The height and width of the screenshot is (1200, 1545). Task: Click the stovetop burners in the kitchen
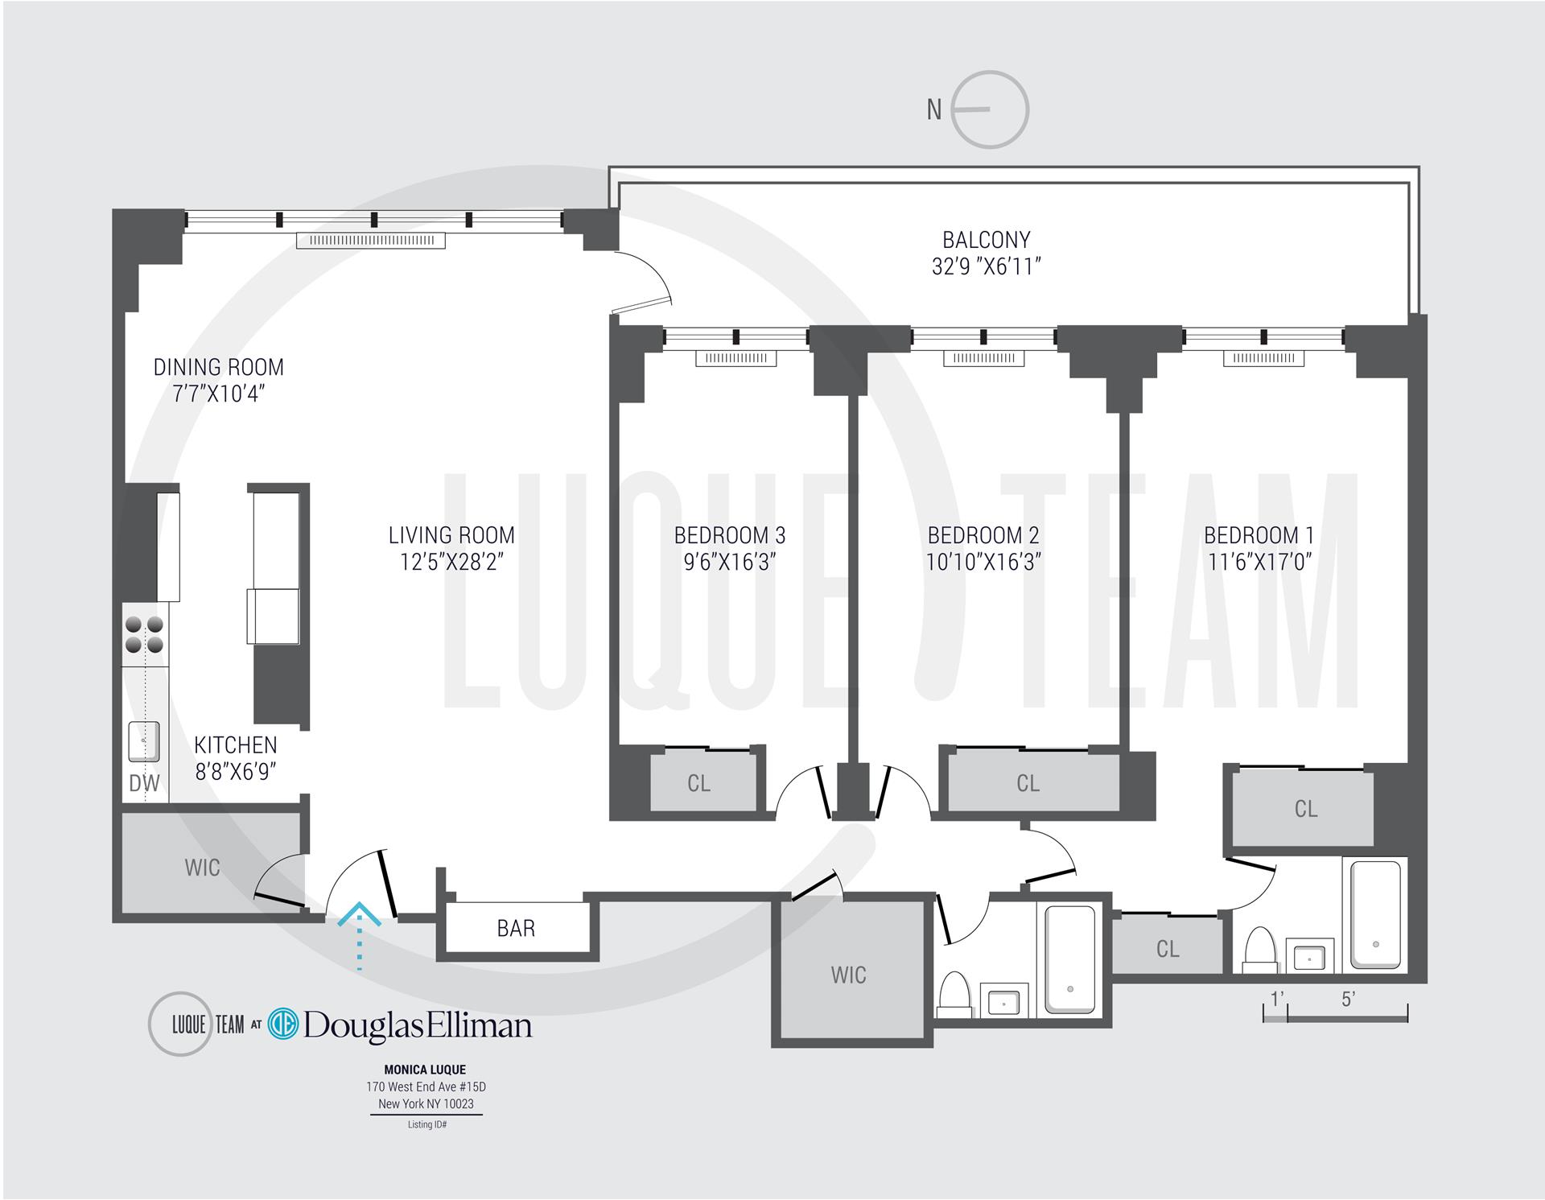click(x=144, y=634)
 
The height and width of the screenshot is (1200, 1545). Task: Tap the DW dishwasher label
click(x=144, y=782)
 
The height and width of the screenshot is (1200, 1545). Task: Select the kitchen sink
click(x=144, y=741)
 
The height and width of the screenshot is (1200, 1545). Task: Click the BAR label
click(x=516, y=928)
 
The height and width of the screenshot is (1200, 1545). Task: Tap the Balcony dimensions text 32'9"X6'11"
click(x=987, y=266)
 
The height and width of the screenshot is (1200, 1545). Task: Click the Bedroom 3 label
click(x=729, y=535)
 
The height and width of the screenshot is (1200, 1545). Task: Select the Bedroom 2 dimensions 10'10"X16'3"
click(x=983, y=562)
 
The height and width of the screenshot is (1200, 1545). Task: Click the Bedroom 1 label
click(x=1259, y=535)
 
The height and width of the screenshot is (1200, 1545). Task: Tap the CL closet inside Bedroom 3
click(x=698, y=783)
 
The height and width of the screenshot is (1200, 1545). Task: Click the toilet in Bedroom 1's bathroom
click(x=1260, y=950)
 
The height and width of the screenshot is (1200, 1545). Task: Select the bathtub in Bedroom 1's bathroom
click(x=1375, y=914)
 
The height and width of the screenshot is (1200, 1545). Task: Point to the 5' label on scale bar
click(x=1349, y=1000)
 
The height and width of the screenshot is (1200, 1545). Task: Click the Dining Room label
click(x=219, y=367)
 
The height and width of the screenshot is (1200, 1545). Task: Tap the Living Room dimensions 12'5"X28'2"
click(x=451, y=562)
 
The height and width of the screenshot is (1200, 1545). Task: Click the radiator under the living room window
click(x=370, y=240)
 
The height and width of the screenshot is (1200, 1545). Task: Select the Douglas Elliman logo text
click(x=417, y=1025)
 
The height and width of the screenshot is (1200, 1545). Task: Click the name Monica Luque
click(x=425, y=1070)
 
